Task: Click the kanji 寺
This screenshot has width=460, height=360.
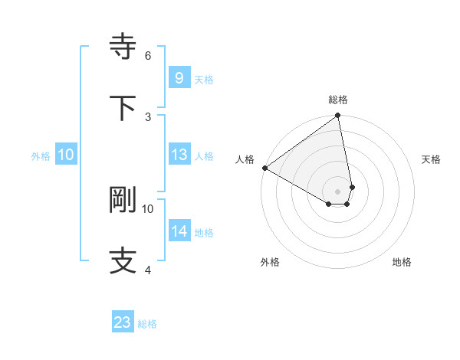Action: point(123,47)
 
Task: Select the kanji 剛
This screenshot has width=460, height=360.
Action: point(123,200)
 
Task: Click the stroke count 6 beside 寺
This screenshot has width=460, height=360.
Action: point(148,55)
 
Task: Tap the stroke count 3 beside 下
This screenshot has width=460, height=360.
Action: point(148,116)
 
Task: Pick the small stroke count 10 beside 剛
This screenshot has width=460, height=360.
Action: point(148,208)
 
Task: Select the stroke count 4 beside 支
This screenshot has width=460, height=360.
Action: point(148,269)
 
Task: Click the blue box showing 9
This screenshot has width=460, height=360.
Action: point(179,78)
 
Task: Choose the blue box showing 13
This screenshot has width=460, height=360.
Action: point(179,155)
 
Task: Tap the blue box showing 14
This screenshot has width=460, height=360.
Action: point(179,231)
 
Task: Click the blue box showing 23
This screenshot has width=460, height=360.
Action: point(123,322)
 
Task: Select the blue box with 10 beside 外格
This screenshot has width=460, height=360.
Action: point(66,155)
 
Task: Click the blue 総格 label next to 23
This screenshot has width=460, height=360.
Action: point(147,324)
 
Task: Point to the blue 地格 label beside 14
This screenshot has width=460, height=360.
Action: point(204,233)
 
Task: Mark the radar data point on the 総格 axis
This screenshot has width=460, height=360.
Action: point(337,116)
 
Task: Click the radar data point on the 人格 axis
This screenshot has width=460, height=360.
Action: point(264,168)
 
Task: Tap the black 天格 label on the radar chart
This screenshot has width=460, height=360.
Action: point(431,159)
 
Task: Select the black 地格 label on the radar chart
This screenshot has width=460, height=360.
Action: point(402,262)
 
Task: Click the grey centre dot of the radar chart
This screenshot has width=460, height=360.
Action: point(337,191)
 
